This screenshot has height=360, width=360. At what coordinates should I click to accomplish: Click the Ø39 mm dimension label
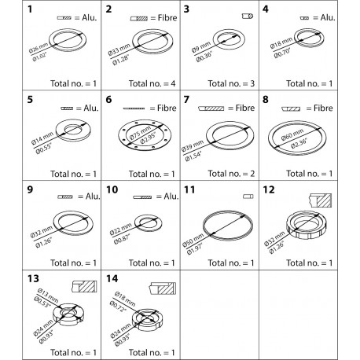tap(192, 145)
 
